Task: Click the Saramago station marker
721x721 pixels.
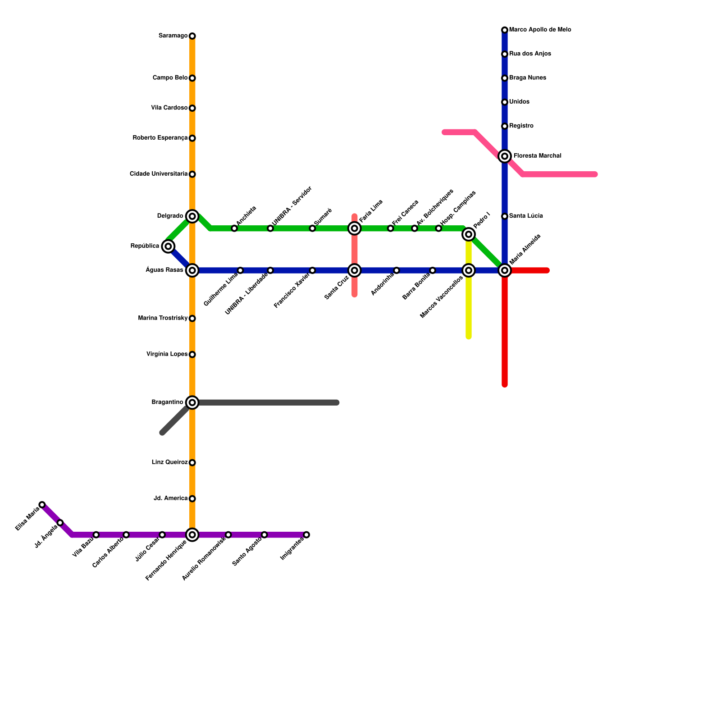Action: coord(192,36)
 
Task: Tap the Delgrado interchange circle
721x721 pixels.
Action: coord(192,216)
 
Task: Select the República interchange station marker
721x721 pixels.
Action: coord(168,246)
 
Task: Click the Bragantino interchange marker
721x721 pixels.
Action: coord(192,402)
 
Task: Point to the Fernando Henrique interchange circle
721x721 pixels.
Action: coord(192,535)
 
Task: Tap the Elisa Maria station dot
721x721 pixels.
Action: coord(42,505)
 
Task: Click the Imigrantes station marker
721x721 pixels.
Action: coord(306,535)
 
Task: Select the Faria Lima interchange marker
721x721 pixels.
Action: coord(355,228)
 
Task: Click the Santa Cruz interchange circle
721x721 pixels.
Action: coord(355,270)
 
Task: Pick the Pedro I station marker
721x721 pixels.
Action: coord(469,234)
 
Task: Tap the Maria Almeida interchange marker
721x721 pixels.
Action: coord(505,270)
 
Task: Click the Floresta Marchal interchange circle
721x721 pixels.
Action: coord(505,156)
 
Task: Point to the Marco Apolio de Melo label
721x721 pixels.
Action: coord(540,30)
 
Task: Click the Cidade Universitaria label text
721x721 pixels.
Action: coord(158,174)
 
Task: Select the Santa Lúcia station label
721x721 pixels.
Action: coord(526,216)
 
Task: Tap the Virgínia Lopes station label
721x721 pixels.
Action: coord(167,354)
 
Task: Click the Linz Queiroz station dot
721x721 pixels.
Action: coord(192,463)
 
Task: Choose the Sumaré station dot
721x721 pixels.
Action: coord(312,228)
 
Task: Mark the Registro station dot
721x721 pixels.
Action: coord(505,126)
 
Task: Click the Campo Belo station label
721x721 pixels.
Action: coord(170,78)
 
